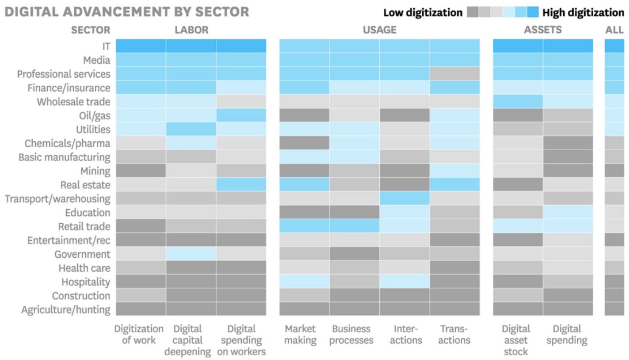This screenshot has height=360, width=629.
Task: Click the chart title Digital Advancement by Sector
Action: [127, 11]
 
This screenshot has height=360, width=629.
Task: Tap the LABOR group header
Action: [191, 30]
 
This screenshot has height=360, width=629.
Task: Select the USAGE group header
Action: [379, 30]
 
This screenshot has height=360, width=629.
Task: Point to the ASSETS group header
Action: [542, 30]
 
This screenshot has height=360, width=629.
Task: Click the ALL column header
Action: [614, 30]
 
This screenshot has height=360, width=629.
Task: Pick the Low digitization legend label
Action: [423, 13]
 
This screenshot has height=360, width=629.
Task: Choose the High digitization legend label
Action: [583, 13]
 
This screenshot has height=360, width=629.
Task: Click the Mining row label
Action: [95, 171]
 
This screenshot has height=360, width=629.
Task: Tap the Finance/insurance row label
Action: [69, 88]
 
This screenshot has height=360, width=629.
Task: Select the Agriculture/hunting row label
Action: [66, 309]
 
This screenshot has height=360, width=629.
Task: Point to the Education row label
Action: [87, 213]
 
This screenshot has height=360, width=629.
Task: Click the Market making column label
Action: [300, 335]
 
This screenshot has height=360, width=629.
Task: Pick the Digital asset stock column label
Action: [516, 340]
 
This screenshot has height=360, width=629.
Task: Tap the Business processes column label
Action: [351, 335]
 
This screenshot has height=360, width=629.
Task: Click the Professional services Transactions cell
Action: [454, 74]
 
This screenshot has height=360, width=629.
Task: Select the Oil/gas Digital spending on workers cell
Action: [241, 115]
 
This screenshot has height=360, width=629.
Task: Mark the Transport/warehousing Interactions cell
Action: [404, 199]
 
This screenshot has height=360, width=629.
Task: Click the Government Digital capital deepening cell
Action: [191, 254]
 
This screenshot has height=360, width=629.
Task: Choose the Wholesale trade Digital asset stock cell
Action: [517, 102]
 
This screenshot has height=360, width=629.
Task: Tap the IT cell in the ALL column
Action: [614, 46]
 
